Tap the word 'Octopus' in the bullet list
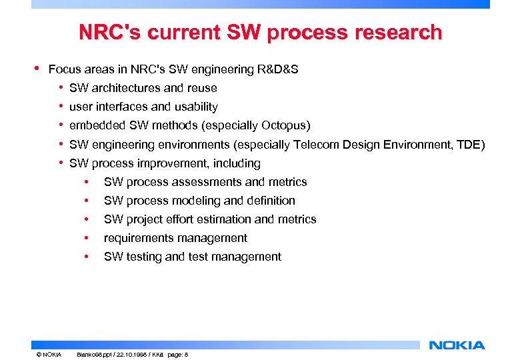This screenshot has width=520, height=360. (x=283, y=125)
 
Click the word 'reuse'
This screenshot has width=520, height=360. (x=201, y=88)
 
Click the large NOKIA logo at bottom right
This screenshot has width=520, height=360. (x=457, y=345)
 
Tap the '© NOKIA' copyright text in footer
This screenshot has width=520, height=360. (x=49, y=355)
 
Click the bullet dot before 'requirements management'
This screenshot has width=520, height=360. (x=86, y=239)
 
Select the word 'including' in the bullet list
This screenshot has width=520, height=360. (x=237, y=163)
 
